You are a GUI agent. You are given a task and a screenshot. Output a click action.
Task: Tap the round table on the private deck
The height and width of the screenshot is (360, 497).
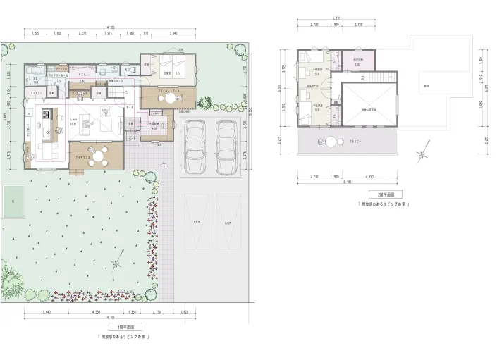[x=169, y=99]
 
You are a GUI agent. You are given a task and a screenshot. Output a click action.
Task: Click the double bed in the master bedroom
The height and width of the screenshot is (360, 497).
[x=170, y=65]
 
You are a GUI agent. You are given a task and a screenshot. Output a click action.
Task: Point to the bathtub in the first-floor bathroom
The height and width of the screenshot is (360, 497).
[x=34, y=73]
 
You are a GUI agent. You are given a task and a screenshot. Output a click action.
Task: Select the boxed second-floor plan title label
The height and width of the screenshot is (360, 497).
[x=385, y=194]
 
